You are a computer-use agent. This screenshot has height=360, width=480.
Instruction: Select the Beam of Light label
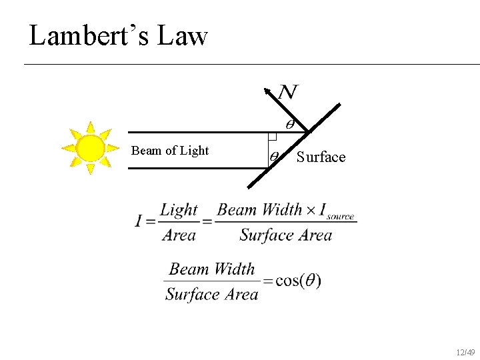[x=170, y=151]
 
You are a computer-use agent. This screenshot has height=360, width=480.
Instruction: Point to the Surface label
[x=321, y=157]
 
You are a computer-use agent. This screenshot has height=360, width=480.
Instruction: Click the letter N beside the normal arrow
[x=288, y=92]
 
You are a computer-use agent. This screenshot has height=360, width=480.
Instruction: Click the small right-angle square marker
[x=272, y=137]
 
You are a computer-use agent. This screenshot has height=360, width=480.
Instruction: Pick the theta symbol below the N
[x=290, y=124]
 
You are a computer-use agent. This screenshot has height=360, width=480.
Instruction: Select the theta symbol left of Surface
[x=274, y=157]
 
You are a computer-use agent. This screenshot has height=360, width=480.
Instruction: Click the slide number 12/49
[x=465, y=352]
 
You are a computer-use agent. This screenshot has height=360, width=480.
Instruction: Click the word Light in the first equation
[x=179, y=211]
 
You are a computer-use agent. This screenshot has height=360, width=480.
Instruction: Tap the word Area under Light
[x=179, y=235]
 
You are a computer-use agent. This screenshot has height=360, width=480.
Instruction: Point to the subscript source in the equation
[x=340, y=217]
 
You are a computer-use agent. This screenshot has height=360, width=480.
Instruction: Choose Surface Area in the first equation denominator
[x=285, y=235]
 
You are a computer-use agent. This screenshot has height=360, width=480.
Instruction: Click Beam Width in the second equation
[x=212, y=269]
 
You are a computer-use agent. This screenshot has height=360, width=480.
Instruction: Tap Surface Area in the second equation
[x=211, y=294]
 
